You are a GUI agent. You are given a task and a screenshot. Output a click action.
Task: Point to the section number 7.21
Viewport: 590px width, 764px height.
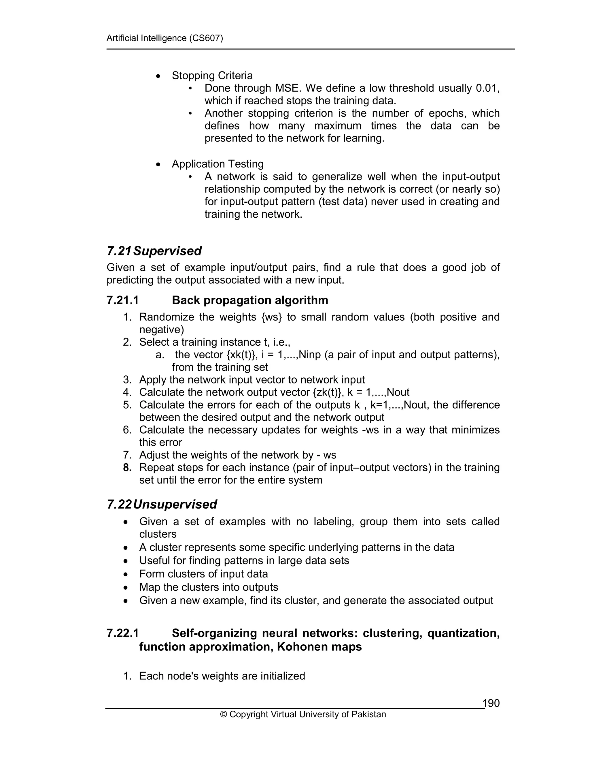[x=119, y=251]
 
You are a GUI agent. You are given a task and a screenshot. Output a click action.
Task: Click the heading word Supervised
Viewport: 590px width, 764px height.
[x=167, y=251]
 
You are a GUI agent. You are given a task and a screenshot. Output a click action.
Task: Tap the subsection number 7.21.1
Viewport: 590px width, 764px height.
[x=123, y=300]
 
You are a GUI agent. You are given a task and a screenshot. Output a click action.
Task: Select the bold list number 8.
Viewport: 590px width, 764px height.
[x=127, y=467]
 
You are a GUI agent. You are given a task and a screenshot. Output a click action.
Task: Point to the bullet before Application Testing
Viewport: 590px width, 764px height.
[x=158, y=164]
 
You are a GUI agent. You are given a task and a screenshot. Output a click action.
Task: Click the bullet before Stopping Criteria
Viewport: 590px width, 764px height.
[x=158, y=76]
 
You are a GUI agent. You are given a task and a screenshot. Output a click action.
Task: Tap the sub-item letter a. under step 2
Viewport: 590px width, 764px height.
[x=160, y=355]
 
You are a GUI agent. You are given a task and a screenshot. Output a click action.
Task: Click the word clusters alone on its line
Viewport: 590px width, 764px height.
[x=158, y=534]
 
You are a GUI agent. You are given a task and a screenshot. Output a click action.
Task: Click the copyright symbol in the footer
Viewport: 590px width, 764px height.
[x=223, y=714]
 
